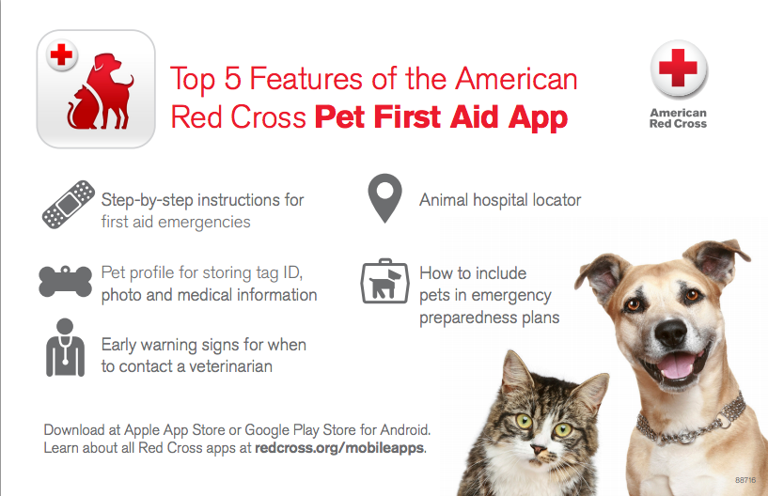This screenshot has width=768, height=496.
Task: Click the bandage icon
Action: pos(68,204)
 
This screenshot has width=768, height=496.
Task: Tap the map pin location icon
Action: pos(385,197)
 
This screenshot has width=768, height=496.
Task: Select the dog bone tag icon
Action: pos(65,281)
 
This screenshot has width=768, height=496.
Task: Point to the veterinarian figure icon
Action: pos(65,348)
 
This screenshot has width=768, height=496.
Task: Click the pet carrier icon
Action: pos(385,281)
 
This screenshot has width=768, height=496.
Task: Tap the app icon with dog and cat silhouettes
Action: pos(96,89)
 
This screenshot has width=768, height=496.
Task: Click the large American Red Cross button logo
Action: pos(679,69)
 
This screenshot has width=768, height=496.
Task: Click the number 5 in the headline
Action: pos(232,79)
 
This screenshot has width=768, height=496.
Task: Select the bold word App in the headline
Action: pos(538,118)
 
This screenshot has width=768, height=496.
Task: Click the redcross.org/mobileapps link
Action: pos(339,448)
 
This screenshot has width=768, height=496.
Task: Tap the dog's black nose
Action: pos(670,333)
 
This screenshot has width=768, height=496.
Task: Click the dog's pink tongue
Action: pos(678,366)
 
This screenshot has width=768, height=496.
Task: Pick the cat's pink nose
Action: pos(539,449)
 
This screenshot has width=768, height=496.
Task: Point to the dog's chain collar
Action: pos(692,425)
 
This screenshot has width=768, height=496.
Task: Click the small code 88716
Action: pos(745,480)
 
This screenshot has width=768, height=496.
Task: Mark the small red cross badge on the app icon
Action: pos(61,54)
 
